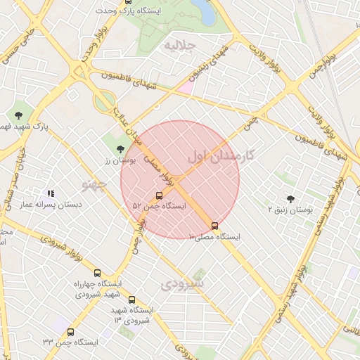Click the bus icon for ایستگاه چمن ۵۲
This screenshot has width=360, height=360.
point(159,196)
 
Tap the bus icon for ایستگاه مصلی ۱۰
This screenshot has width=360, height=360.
point(214,226)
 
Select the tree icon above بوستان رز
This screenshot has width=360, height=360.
point(121,148)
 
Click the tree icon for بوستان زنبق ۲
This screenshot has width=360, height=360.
point(291,199)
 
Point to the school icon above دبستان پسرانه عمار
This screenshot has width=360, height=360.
point(51,193)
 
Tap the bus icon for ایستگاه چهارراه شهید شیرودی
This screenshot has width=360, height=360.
point(97,273)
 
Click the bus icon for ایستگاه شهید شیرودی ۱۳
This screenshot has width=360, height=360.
point(131,300)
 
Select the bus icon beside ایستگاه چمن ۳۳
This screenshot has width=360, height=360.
point(70,332)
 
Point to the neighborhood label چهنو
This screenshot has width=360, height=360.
point(93,185)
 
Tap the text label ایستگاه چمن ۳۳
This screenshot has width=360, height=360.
point(70,342)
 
